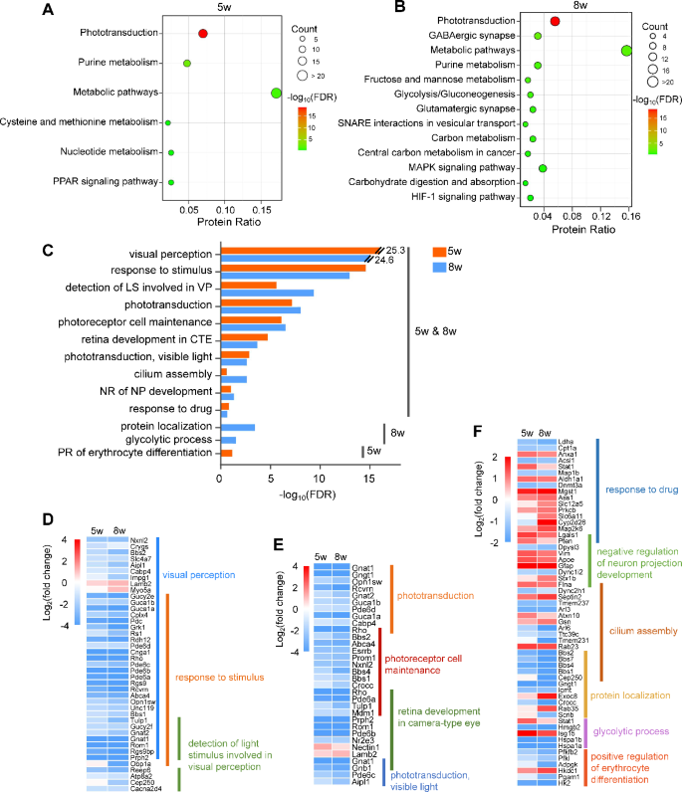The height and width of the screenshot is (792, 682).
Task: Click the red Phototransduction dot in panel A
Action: tap(203, 34)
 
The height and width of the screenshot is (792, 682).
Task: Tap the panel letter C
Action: tap(47, 244)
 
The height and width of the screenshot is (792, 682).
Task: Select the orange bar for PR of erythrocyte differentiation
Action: tap(226, 453)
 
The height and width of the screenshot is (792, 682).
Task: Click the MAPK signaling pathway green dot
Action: tap(543, 168)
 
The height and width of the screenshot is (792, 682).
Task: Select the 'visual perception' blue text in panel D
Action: tap(198, 575)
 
